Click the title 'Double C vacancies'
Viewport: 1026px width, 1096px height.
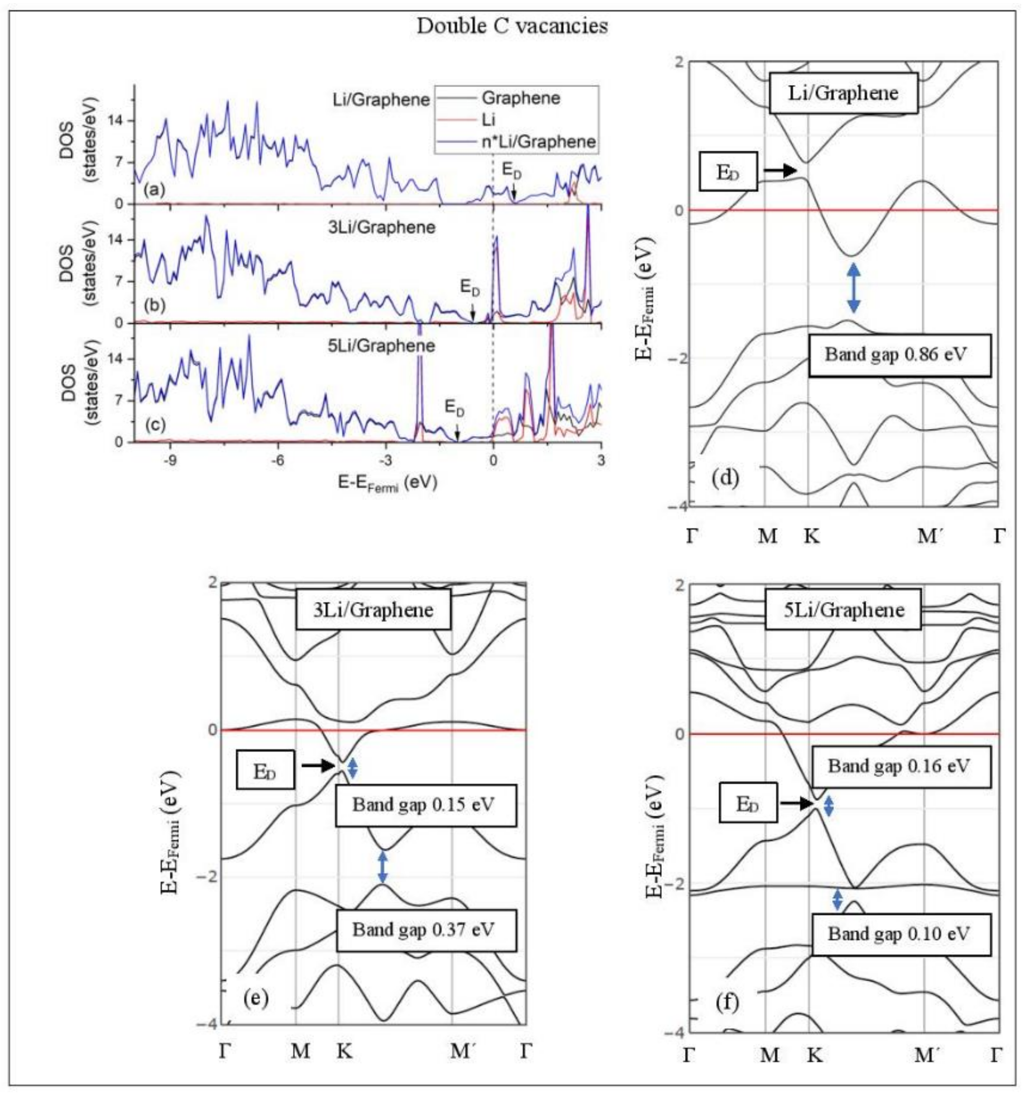512,26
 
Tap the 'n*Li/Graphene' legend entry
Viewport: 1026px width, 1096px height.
538,142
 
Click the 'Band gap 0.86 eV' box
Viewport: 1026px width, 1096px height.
899,355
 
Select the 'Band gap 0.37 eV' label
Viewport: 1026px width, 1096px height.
426,930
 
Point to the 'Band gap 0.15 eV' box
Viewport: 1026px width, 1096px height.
426,805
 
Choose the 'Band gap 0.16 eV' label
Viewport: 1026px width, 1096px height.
901,766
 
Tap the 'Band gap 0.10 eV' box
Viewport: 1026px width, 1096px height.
901,934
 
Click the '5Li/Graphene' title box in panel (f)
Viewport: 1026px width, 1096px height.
843,609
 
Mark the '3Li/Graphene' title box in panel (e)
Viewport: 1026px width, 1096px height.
373,609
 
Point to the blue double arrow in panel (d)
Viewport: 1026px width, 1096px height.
854,287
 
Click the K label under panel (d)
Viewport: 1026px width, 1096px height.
811,535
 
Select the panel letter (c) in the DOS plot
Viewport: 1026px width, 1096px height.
154,425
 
